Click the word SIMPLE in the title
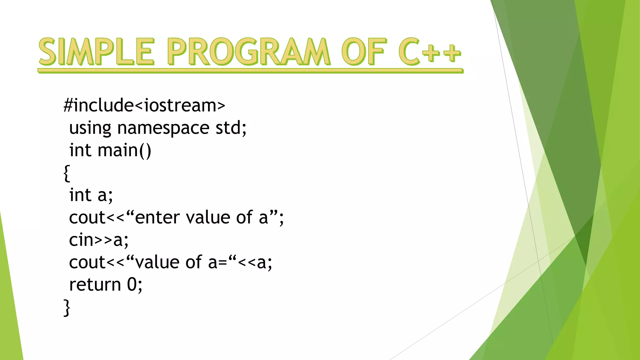(x=96, y=52)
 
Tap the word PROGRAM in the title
(x=248, y=52)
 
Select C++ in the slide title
(x=429, y=52)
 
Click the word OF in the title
(x=363, y=52)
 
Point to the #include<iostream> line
(x=144, y=105)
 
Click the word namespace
(x=163, y=128)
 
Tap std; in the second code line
(x=231, y=128)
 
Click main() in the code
(x=124, y=150)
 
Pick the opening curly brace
(x=67, y=173)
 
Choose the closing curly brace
(x=67, y=308)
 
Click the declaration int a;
(x=91, y=195)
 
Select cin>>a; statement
(x=98, y=240)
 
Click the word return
(x=95, y=285)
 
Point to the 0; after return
(x=134, y=285)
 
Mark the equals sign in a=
(x=222, y=263)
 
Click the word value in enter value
(x=208, y=217)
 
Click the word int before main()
(x=80, y=150)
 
